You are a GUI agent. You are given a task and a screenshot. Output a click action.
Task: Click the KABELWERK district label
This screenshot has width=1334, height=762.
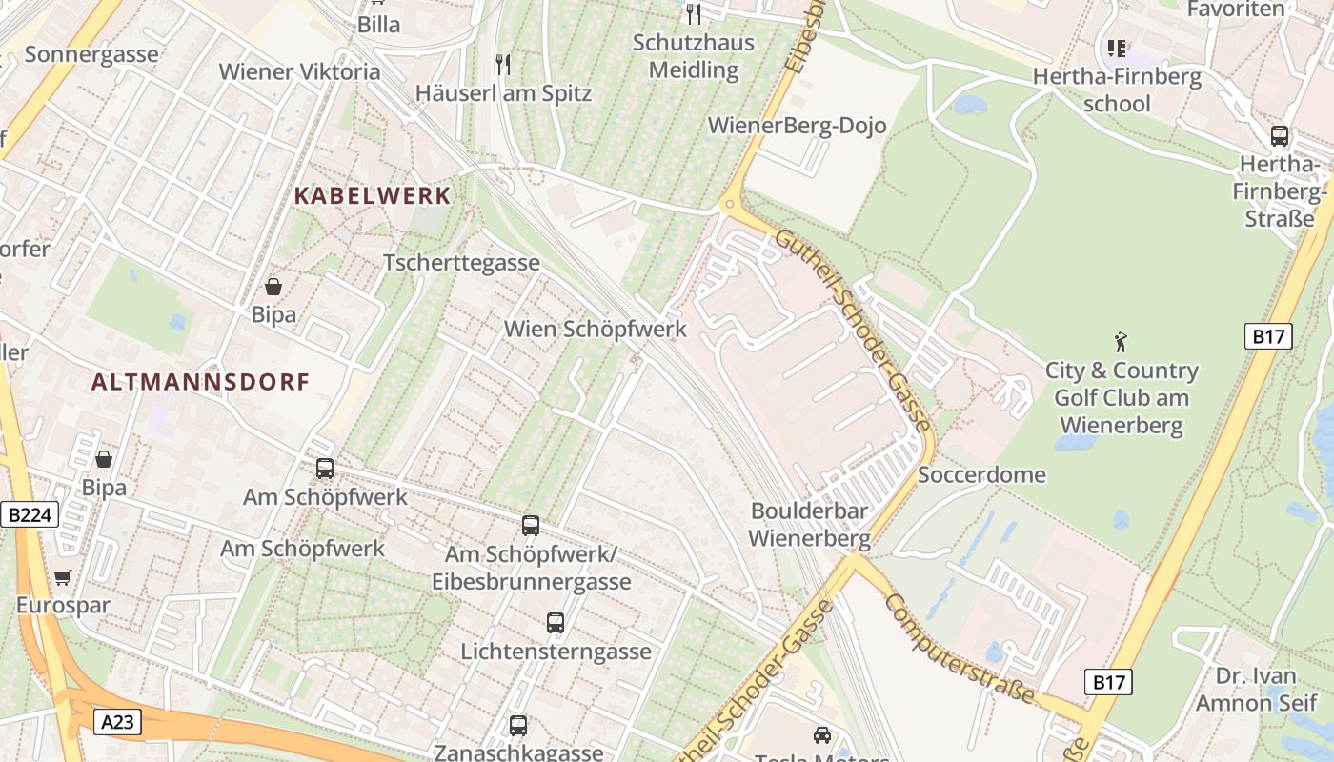(372, 196)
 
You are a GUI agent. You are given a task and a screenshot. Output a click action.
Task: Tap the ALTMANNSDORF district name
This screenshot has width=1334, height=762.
(200, 382)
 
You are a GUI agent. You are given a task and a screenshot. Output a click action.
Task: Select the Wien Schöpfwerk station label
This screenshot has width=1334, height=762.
(595, 330)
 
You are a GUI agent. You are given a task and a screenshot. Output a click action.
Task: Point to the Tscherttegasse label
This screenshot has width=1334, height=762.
(461, 263)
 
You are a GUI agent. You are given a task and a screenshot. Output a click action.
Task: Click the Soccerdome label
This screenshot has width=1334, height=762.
(981, 474)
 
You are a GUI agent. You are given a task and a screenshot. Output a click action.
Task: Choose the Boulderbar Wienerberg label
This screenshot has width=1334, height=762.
(809, 525)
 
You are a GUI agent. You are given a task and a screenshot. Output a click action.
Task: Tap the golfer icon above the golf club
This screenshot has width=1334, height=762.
(1121, 340)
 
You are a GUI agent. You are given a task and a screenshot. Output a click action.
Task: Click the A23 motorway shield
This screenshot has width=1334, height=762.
(117, 722)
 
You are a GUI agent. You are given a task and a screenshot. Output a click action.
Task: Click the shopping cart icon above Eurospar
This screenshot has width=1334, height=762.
(63, 577)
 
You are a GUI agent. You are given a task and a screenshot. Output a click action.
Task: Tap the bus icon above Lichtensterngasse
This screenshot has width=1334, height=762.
(556, 623)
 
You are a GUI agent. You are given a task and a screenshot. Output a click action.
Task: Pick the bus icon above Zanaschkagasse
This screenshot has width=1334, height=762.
(518, 725)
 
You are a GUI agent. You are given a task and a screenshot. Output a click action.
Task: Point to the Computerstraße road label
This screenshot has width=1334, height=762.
(959, 649)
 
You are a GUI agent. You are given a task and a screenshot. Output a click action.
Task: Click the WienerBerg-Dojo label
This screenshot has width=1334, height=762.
(797, 126)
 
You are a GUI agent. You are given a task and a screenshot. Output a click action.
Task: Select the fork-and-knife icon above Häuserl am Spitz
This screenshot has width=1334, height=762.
(503, 65)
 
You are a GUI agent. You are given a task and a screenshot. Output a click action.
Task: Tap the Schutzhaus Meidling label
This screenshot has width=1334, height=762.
(695, 56)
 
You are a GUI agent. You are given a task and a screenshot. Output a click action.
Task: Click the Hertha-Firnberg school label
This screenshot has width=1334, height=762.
(1117, 90)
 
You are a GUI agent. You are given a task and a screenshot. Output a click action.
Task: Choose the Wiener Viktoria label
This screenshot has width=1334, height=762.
(299, 71)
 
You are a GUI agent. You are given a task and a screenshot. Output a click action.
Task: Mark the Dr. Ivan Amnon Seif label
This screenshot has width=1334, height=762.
(1259, 690)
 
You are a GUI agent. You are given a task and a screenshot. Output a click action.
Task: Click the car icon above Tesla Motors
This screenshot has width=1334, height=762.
(821, 734)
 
